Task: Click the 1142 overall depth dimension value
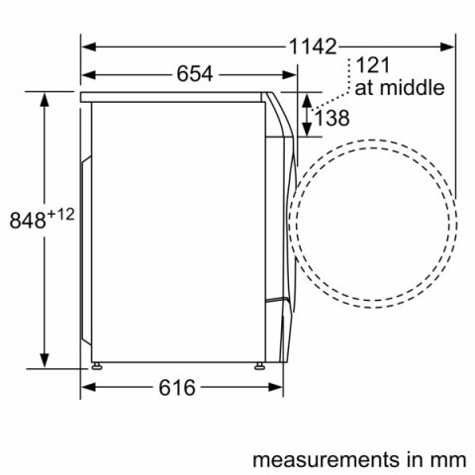(x=314, y=47)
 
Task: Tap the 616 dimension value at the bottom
(x=179, y=387)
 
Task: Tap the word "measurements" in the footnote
(x=300, y=460)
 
